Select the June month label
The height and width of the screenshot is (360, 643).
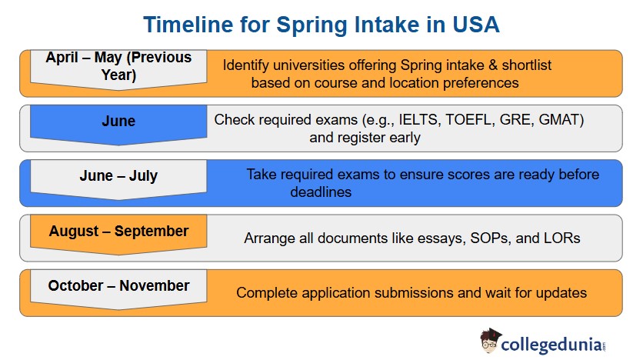click(118, 122)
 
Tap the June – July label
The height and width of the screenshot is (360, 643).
click(118, 176)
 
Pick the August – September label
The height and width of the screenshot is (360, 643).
click(118, 231)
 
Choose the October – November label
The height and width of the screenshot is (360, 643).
click(118, 285)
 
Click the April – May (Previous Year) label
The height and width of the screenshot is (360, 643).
click(118, 66)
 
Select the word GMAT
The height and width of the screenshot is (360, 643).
click(562, 120)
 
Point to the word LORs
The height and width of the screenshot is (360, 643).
click(558, 238)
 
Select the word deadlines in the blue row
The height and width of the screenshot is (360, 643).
click(321, 192)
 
